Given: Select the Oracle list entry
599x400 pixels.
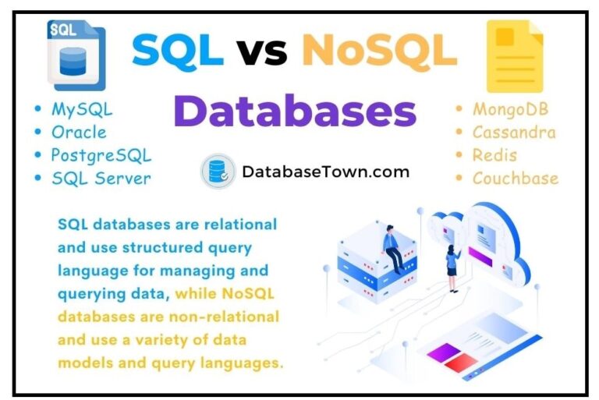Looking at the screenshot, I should pyautogui.click(x=79, y=132).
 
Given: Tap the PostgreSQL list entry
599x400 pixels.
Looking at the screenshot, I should pyautogui.click(x=101, y=155).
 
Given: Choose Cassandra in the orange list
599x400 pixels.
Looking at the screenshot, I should pyautogui.click(x=514, y=132).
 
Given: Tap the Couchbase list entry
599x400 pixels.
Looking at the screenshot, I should pyautogui.click(x=515, y=178).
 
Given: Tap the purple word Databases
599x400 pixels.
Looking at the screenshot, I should pyautogui.click(x=295, y=111).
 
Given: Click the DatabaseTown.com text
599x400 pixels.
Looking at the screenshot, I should pyautogui.click(x=326, y=172).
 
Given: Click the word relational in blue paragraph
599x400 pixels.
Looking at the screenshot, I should pyautogui.click(x=237, y=225).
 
